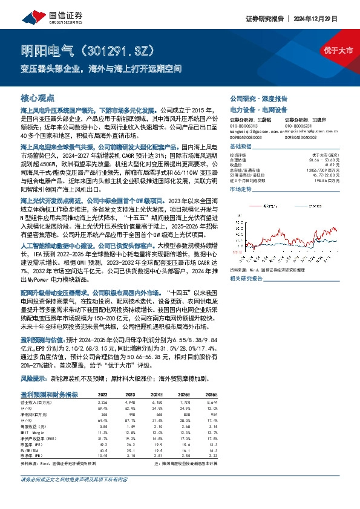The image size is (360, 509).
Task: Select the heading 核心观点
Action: click(38, 97)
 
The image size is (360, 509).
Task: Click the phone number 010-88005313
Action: click(244, 126)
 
